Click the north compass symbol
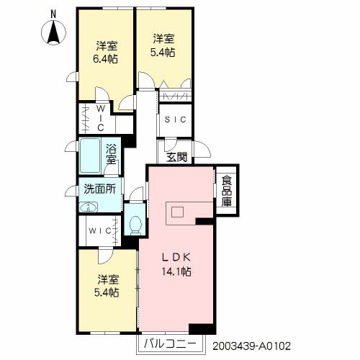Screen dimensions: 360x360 point(53,32)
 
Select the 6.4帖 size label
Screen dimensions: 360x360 point(107,59)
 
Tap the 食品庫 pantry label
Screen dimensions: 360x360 point(226,191)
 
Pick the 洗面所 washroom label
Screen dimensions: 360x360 point(99,192)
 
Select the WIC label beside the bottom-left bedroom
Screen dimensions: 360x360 point(99,230)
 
